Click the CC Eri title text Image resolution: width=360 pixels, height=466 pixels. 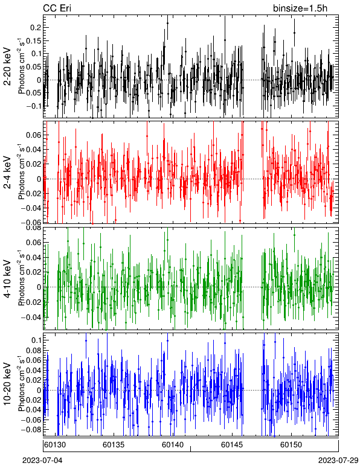pos(57,8)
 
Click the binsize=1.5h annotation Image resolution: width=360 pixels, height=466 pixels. pos(300,8)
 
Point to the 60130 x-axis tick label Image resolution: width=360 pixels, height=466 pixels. pos(55,445)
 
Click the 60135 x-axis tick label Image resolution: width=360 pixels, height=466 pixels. pos(114,445)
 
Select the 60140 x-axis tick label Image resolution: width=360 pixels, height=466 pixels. pos(173,445)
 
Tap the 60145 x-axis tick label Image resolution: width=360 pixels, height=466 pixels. pos(232,445)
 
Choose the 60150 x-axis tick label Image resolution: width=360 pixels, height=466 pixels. pos(291,445)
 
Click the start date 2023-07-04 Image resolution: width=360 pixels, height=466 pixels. pos(42,461)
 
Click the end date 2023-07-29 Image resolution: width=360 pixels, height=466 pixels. pos(338,461)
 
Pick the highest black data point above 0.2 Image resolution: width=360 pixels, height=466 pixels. pos(167,23)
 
